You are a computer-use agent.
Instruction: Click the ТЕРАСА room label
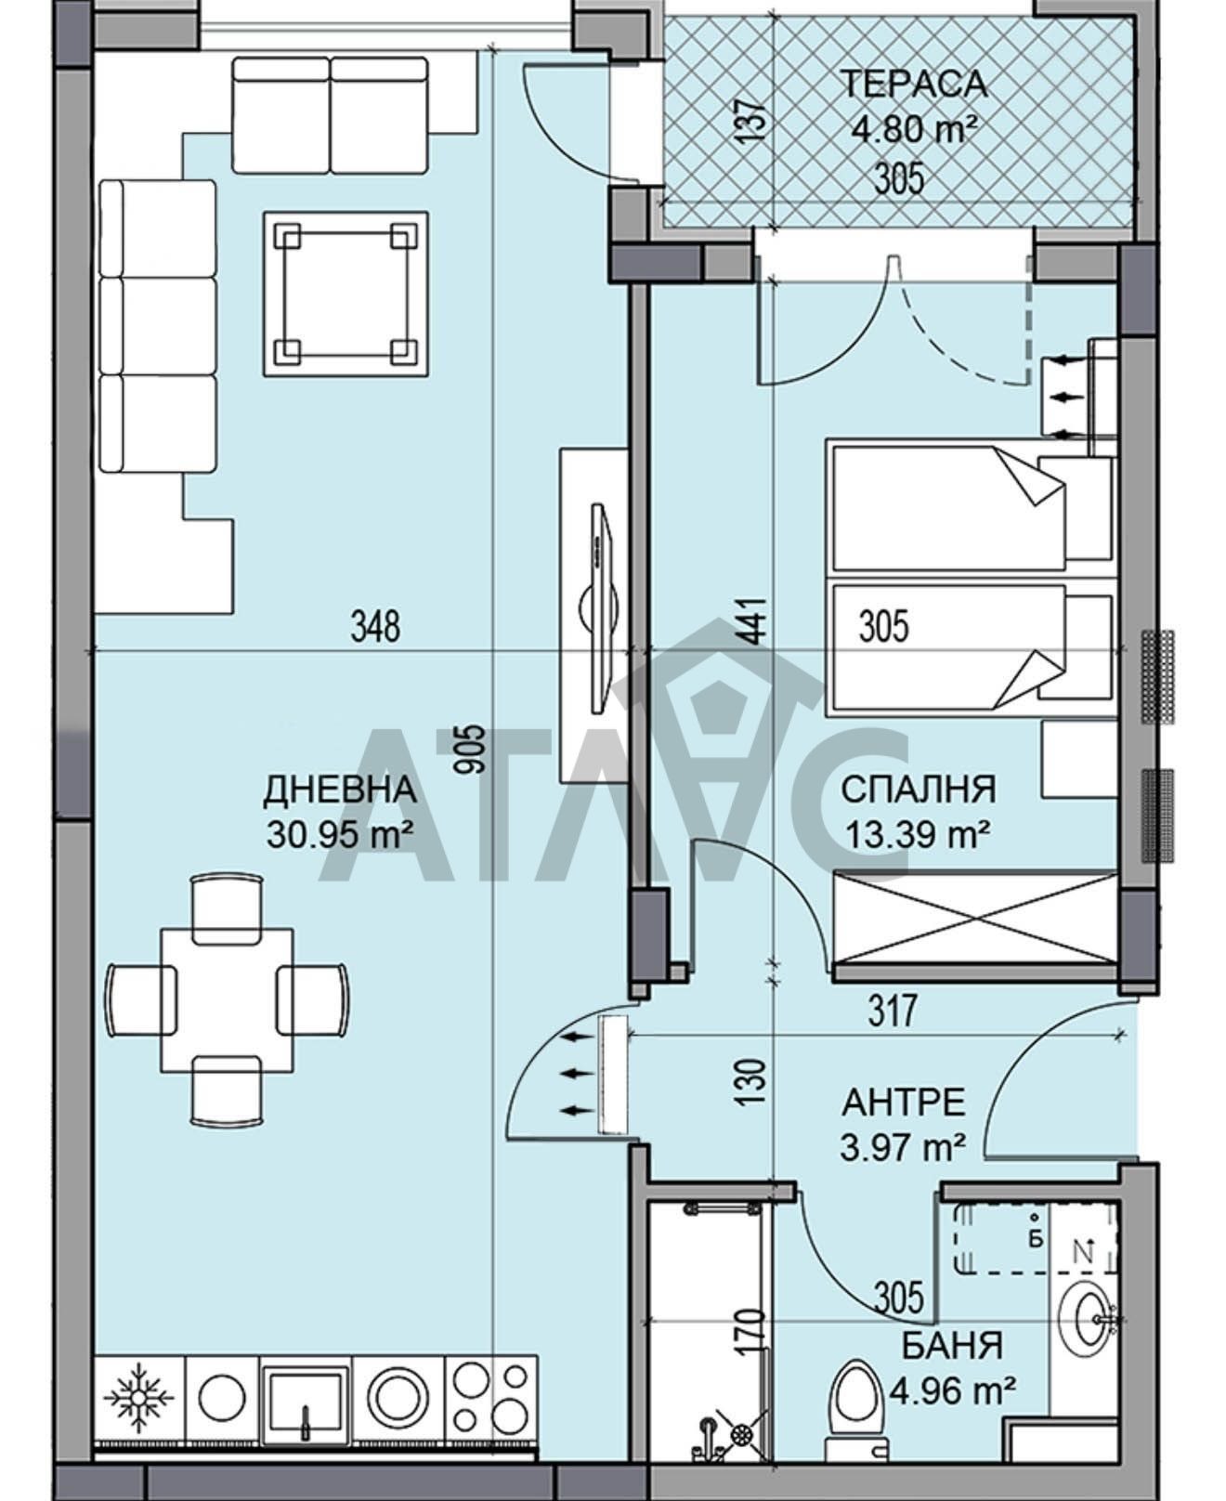pyautogui.click(x=914, y=84)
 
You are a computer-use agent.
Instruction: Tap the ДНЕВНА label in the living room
pyautogui.click(x=340, y=790)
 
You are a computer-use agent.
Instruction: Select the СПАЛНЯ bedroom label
pyautogui.click(x=919, y=790)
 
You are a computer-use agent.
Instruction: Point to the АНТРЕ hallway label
pyautogui.click(x=904, y=1103)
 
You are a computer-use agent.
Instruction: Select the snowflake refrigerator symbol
pyautogui.click(x=138, y=1397)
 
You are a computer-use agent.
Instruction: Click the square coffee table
pyautogui.click(x=346, y=294)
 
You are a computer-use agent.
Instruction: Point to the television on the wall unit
pyautogui.click(x=601, y=609)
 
